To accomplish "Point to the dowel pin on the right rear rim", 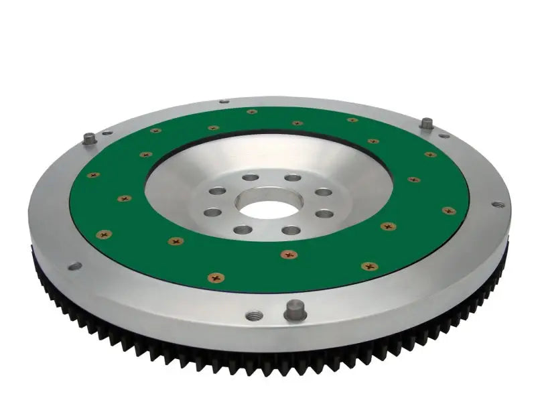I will (x=426, y=124).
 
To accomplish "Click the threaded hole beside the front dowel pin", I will (x=252, y=316).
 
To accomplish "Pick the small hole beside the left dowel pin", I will (x=107, y=133).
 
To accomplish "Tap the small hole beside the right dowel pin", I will (x=444, y=135).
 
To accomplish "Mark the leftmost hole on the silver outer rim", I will (x=74, y=266).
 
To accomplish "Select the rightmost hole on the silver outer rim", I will (x=496, y=204).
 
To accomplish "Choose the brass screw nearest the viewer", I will (x=216, y=277).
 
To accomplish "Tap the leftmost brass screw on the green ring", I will (x=93, y=175).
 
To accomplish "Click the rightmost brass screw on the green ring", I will (x=448, y=210).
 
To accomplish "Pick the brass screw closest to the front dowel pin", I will (x=289, y=254).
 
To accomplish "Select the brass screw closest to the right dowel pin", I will (x=430, y=155).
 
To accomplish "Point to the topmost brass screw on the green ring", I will (x=252, y=112).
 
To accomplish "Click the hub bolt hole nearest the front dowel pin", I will (x=291, y=230).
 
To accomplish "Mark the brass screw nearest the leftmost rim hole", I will (x=104, y=234).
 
